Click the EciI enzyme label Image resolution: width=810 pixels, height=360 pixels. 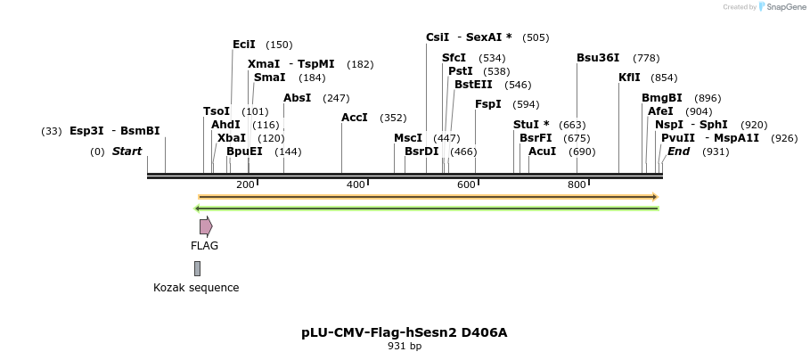coord(243,45)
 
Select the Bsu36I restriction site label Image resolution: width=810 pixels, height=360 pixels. coord(597,58)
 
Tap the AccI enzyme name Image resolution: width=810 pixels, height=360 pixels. coord(354,118)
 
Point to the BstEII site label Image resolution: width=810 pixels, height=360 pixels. coord(473,85)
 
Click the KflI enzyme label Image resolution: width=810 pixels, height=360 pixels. coord(629,78)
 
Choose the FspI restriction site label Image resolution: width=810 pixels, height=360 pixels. coord(487,104)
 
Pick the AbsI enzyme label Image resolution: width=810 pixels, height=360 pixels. coord(297,98)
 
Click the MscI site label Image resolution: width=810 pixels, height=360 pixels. coord(407,138)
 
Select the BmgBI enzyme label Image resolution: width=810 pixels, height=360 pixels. coord(661,98)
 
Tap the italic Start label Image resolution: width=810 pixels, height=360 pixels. coord(127,151)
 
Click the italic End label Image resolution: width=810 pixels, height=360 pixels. coord(678,151)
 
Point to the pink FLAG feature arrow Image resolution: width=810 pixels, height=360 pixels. coord(206,226)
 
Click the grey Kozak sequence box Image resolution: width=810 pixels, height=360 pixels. coord(197,268)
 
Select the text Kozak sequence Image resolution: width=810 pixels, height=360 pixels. coord(196,288)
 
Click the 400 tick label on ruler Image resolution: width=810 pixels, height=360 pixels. coord(356,184)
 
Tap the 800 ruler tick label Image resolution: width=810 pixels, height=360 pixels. coord(577,184)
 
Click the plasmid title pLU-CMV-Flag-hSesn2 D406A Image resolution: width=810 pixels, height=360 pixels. coord(404,332)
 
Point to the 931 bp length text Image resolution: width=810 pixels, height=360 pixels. coord(405,346)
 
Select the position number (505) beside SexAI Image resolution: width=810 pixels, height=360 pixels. coord(536,37)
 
